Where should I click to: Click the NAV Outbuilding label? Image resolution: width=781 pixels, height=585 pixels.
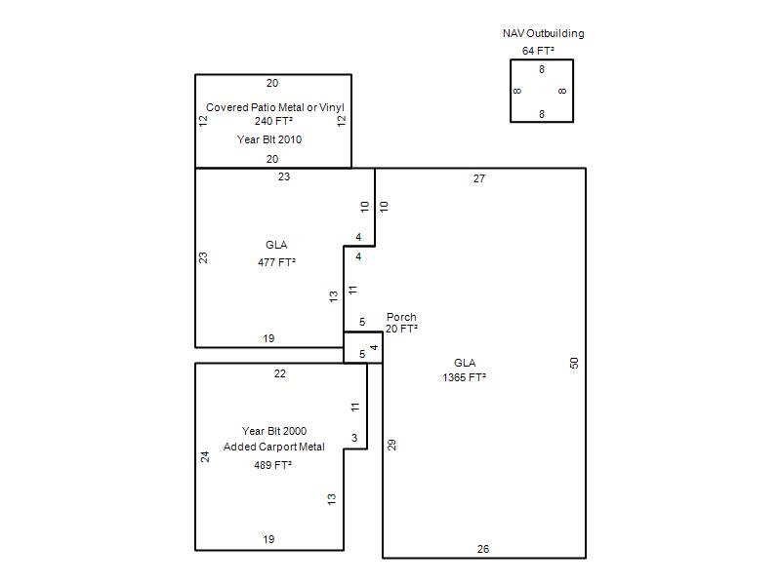(543, 33)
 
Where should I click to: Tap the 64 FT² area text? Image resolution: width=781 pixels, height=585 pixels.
(538, 51)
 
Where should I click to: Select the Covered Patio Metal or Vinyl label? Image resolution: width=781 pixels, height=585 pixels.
(275, 107)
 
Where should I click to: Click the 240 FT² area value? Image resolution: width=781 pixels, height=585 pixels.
(273, 121)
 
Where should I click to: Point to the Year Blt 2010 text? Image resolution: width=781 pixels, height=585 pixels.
(269, 139)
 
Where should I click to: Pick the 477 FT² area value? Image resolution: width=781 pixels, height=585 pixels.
(276, 262)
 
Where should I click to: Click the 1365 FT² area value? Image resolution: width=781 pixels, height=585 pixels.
(465, 377)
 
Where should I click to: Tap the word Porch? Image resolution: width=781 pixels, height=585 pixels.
(401, 317)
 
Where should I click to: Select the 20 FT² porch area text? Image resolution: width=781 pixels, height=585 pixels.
(401, 329)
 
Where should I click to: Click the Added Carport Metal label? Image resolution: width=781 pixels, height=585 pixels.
(274, 447)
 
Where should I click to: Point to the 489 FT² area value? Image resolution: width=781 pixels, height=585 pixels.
(273, 465)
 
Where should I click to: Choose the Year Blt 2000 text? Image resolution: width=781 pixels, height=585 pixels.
(274, 431)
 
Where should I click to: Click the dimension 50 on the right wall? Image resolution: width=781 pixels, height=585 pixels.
(574, 363)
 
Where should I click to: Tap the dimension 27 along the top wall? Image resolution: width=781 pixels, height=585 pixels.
(479, 178)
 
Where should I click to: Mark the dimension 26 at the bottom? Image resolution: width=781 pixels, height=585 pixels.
(483, 549)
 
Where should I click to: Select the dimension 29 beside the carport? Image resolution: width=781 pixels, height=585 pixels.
(392, 445)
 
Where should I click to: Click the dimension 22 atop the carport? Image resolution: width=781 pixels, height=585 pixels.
(280, 373)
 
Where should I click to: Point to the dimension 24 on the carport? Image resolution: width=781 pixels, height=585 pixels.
(205, 456)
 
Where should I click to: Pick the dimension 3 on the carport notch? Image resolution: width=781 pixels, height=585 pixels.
(354, 438)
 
